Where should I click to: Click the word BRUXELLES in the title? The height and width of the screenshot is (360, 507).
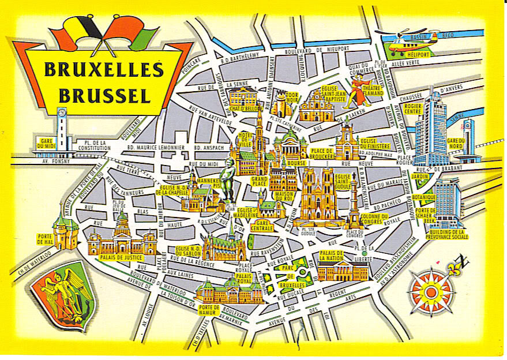(104, 70)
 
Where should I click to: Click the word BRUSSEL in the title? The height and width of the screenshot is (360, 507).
(104, 95)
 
